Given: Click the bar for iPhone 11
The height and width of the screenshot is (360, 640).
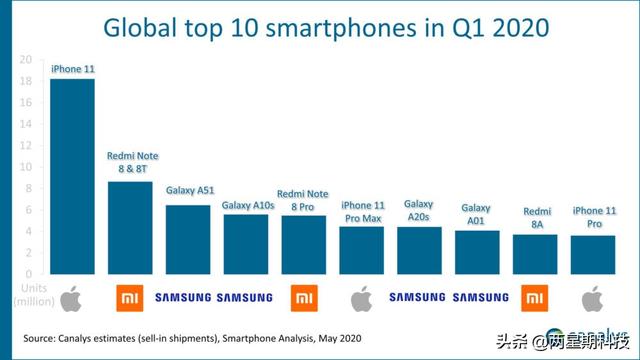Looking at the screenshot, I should (72, 176).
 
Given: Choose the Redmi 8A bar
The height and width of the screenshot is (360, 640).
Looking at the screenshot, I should (535, 254).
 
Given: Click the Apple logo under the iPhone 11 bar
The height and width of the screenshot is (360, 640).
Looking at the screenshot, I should (71, 297).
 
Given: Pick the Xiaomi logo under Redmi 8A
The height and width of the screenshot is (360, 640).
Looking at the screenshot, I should (535, 297).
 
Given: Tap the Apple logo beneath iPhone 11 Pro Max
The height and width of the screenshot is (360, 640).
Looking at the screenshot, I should (361, 297).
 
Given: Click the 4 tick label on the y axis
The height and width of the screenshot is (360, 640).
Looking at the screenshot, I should (32, 231).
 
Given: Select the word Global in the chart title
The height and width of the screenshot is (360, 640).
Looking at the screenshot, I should (147, 28).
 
